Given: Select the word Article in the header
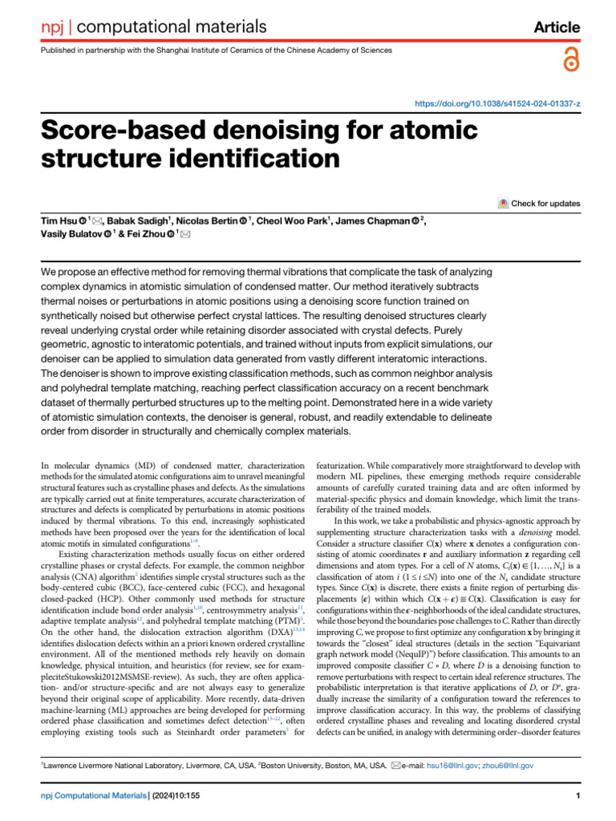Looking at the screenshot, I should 557,27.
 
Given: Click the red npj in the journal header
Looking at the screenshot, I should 52,27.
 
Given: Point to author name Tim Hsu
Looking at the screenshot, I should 59,220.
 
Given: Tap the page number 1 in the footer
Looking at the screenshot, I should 577,796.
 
